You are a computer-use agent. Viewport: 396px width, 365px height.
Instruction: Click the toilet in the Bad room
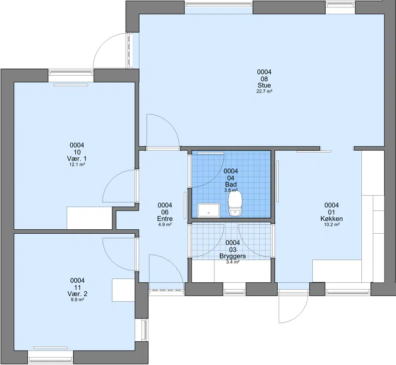click(235, 204)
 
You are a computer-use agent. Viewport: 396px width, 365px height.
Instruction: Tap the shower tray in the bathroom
click(208, 210)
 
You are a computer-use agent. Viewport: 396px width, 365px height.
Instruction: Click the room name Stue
click(264, 85)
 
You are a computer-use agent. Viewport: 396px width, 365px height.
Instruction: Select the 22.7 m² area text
click(264, 92)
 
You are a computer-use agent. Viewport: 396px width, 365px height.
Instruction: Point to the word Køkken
click(331, 219)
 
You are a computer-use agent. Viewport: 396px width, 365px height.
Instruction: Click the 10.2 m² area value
click(332, 224)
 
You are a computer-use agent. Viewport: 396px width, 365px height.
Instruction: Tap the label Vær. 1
click(77, 158)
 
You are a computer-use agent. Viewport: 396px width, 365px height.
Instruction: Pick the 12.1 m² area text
click(77, 164)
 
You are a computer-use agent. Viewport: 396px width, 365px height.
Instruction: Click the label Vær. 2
click(77, 294)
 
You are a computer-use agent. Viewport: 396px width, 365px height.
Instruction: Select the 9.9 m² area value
click(77, 300)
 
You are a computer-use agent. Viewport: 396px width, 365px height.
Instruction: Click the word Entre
click(165, 219)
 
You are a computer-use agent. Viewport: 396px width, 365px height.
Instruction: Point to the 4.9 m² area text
click(165, 224)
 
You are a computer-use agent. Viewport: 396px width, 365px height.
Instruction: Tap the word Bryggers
click(233, 256)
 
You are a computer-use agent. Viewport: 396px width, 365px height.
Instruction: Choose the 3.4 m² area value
click(233, 262)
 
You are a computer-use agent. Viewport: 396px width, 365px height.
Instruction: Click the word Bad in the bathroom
click(231, 184)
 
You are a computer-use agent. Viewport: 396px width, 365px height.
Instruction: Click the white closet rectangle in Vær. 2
click(123, 290)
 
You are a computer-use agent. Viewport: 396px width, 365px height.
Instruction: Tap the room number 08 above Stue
click(264, 79)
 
